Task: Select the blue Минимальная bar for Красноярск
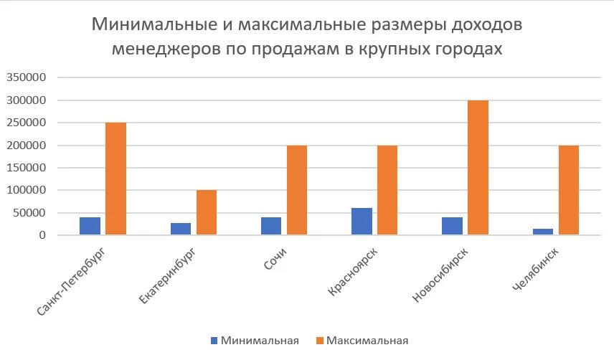click(362, 221)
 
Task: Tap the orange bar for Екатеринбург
click(207, 212)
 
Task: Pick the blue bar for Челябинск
click(543, 231)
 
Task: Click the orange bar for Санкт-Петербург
click(115, 179)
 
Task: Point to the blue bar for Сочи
click(271, 225)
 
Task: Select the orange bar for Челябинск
click(569, 190)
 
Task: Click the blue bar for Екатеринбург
click(181, 229)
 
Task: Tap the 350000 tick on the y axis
click(27, 78)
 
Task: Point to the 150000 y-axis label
click(27, 168)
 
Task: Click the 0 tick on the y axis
click(43, 235)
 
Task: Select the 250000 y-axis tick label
click(27, 123)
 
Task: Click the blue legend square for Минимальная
click(214, 341)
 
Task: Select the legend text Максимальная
click(367, 341)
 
